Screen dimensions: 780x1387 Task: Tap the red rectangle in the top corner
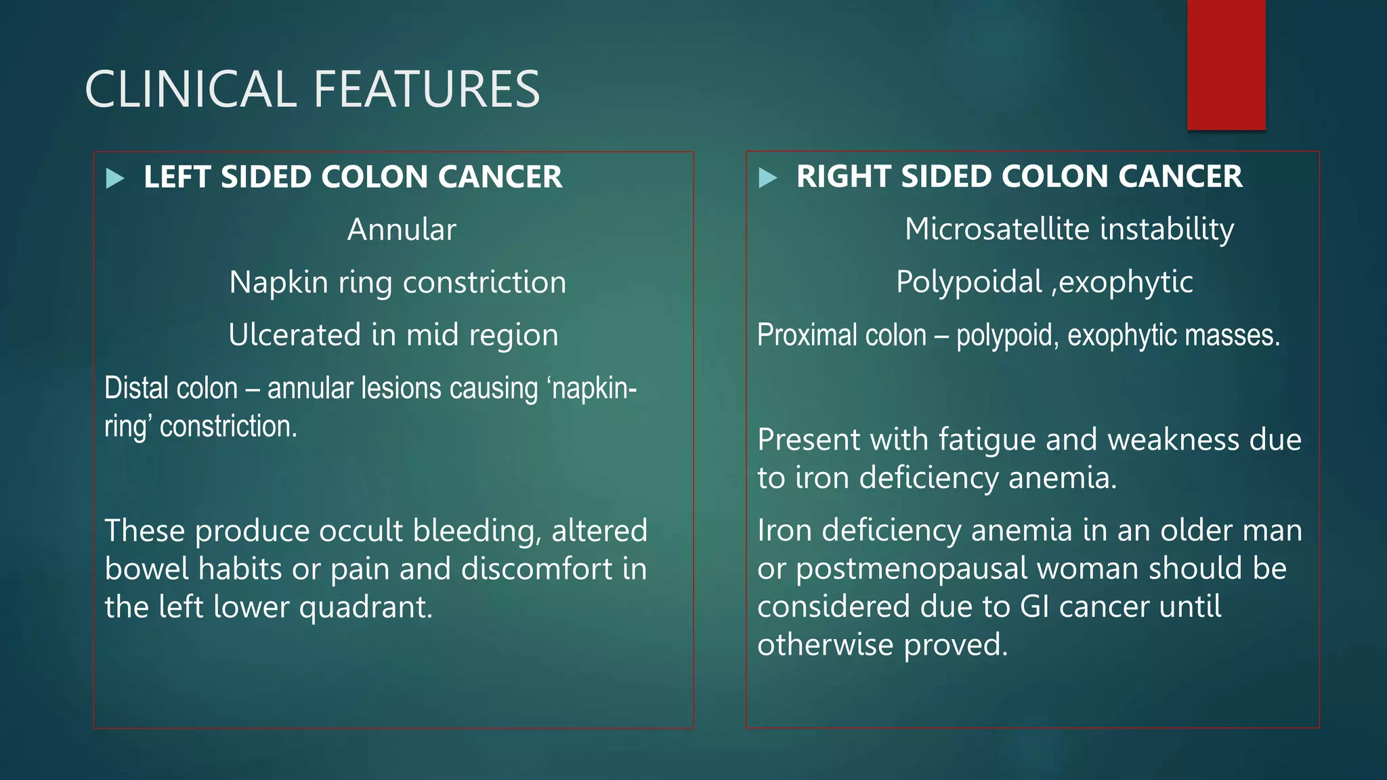[1226, 65]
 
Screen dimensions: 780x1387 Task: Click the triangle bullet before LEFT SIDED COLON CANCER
[116, 179]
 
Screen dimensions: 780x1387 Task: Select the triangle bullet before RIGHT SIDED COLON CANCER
[768, 178]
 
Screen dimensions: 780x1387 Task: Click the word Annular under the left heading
[402, 230]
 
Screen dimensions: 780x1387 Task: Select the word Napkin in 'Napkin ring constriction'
[278, 282]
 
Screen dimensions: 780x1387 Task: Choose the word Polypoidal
[969, 282]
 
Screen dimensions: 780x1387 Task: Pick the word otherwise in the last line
[826, 645]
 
